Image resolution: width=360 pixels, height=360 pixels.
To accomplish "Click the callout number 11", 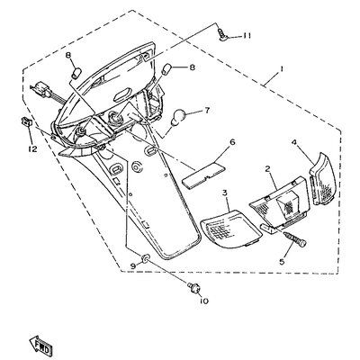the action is (x=247, y=36).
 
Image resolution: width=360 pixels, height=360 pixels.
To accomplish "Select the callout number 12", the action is (x=32, y=148).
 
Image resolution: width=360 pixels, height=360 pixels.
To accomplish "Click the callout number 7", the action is (x=207, y=111).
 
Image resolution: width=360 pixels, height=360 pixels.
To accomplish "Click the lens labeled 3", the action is (x=230, y=227).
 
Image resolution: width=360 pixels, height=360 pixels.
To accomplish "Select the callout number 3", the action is (x=225, y=193).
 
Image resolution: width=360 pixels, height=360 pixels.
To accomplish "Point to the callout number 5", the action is (x=281, y=262).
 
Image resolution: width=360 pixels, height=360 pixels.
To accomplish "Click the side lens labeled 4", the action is (x=323, y=179).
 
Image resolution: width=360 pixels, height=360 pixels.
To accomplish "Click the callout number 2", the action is (x=267, y=168).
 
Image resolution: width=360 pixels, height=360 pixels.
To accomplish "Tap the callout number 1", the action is (x=282, y=69).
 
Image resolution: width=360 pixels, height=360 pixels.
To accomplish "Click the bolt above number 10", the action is (x=193, y=287).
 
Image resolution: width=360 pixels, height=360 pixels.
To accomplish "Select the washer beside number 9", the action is (x=145, y=258).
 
